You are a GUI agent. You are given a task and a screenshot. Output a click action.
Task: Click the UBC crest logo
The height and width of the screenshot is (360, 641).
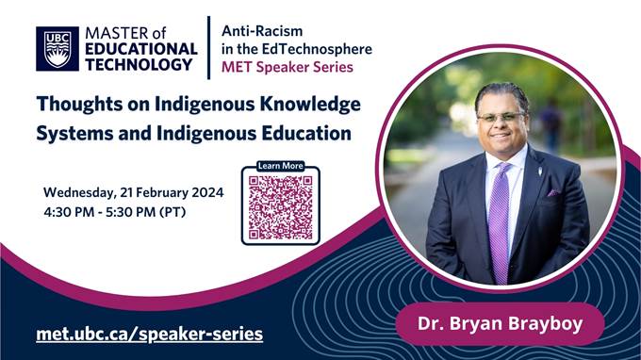coord(58,49)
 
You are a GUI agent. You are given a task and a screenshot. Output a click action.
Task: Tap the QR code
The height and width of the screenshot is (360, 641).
coord(280,206)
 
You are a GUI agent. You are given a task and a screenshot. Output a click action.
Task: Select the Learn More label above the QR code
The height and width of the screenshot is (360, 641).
coord(280,167)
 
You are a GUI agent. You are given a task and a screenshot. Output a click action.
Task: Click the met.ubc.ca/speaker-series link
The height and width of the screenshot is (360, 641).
coord(149,334)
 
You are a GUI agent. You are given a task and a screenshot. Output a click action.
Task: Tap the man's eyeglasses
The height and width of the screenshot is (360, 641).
coord(501,116)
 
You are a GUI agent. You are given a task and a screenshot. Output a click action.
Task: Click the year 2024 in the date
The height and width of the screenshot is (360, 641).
coord(205,192)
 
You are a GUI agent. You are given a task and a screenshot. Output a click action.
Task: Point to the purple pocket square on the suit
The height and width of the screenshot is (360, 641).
coord(552,192)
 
